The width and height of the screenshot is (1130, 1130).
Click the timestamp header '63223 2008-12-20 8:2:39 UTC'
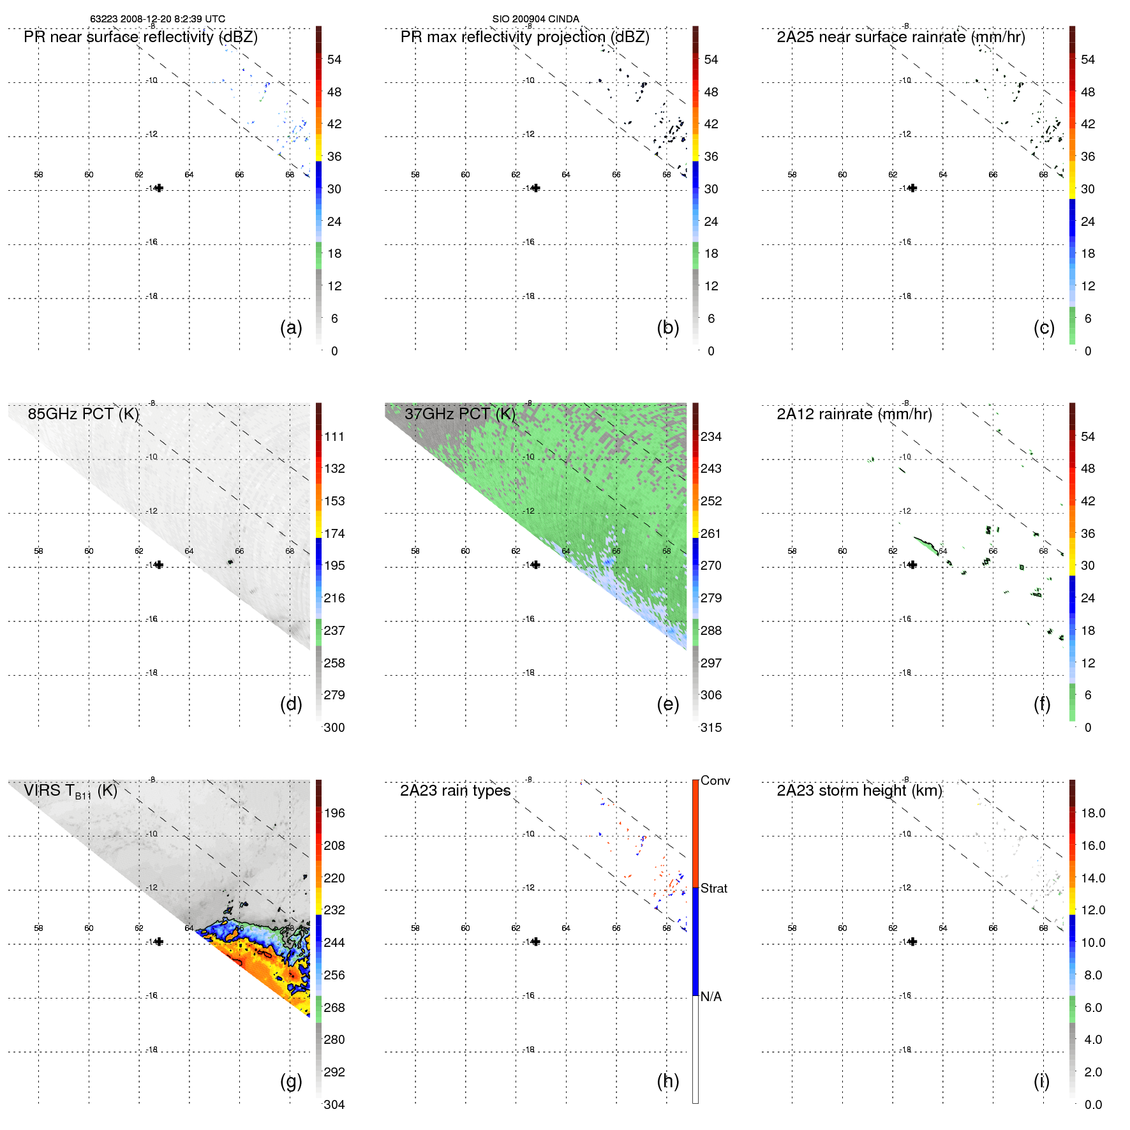click(x=157, y=19)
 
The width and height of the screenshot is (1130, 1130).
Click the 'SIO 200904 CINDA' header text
click(x=535, y=19)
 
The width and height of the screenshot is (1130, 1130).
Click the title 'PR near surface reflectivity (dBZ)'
click(x=140, y=37)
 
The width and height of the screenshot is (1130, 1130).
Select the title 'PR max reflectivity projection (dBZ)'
click(x=524, y=37)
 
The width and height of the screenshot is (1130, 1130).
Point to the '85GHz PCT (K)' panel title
click(x=83, y=414)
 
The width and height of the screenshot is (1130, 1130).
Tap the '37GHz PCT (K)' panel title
click(x=459, y=414)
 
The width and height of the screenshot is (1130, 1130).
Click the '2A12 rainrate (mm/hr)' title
click(x=854, y=414)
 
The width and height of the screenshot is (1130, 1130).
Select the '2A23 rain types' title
click(x=455, y=791)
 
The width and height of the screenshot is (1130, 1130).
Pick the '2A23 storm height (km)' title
click(x=859, y=791)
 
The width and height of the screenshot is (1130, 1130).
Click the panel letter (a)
click(x=291, y=327)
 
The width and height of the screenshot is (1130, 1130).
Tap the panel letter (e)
click(x=667, y=704)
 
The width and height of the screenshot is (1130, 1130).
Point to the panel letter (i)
click(x=1041, y=1081)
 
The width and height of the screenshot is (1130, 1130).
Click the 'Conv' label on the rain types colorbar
click(x=715, y=780)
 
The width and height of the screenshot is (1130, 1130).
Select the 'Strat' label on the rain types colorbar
click(x=713, y=888)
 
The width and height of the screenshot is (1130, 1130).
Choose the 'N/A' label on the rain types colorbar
click(x=711, y=997)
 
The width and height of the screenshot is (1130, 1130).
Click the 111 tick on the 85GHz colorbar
click(x=334, y=436)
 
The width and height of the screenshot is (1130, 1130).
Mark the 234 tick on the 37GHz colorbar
click(x=711, y=436)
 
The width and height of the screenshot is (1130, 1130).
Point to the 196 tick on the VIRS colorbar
click(x=334, y=813)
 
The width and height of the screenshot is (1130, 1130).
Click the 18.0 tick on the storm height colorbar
click(x=1093, y=813)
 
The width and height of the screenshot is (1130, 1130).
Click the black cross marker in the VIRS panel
click(x=159, y=942)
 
